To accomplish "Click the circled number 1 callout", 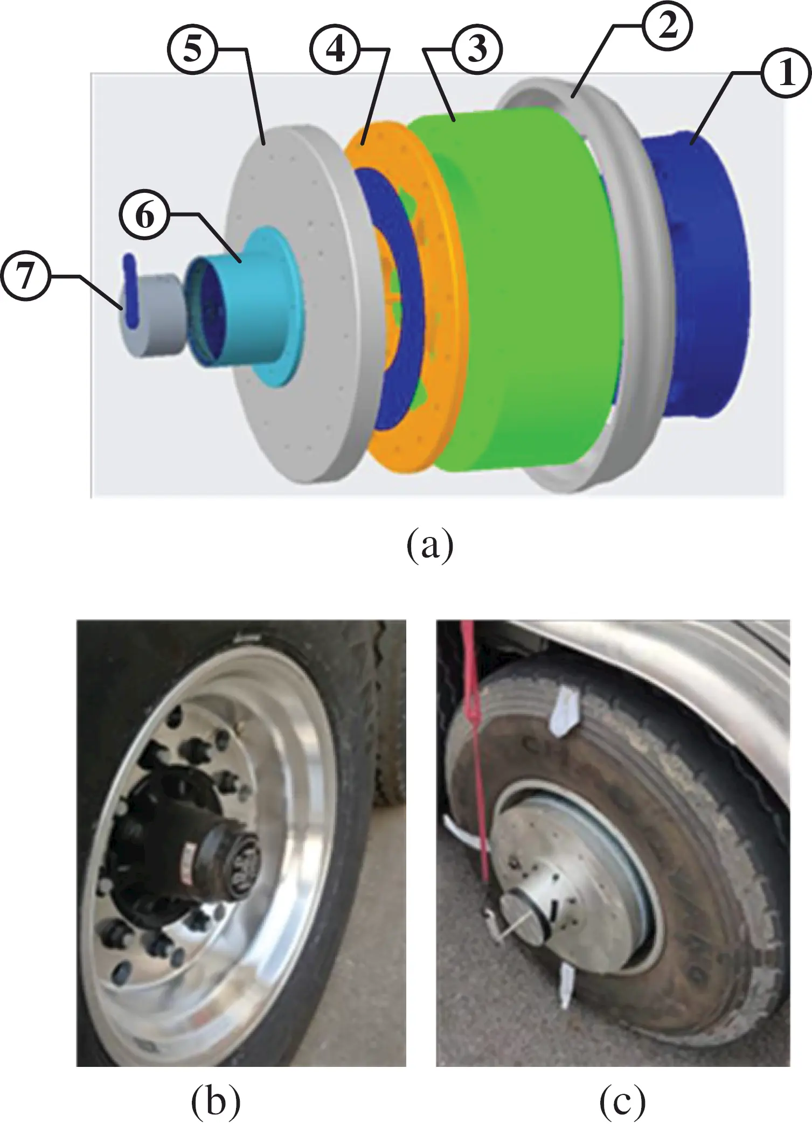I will click(786, 73).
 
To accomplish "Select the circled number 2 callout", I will click(667, 26).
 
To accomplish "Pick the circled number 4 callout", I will click(335, 50).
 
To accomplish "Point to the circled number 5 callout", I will click(192, 50).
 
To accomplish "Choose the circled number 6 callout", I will click(144, 215).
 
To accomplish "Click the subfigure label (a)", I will click(429, 545).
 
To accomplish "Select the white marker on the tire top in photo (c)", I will click(563, 711).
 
